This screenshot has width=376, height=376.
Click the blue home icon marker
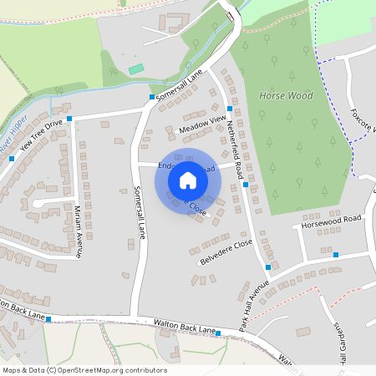point(188,180)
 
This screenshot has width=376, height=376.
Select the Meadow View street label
point(202,125)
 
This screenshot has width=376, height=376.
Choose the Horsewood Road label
point(332,221)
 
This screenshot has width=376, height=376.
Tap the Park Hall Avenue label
point(253,295)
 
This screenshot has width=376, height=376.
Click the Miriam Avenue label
point(79,231)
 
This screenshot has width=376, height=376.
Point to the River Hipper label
point(14,135)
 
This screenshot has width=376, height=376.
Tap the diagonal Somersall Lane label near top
point(180,86)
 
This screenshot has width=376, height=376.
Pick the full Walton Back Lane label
point(178,324)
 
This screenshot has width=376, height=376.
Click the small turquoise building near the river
point(136,68)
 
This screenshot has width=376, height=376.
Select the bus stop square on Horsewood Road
point(335,254)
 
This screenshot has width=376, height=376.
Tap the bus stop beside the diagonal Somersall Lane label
point(151,98)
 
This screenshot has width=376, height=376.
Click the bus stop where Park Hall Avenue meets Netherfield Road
point(267,267)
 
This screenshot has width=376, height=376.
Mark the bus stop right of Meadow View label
point(229,109)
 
